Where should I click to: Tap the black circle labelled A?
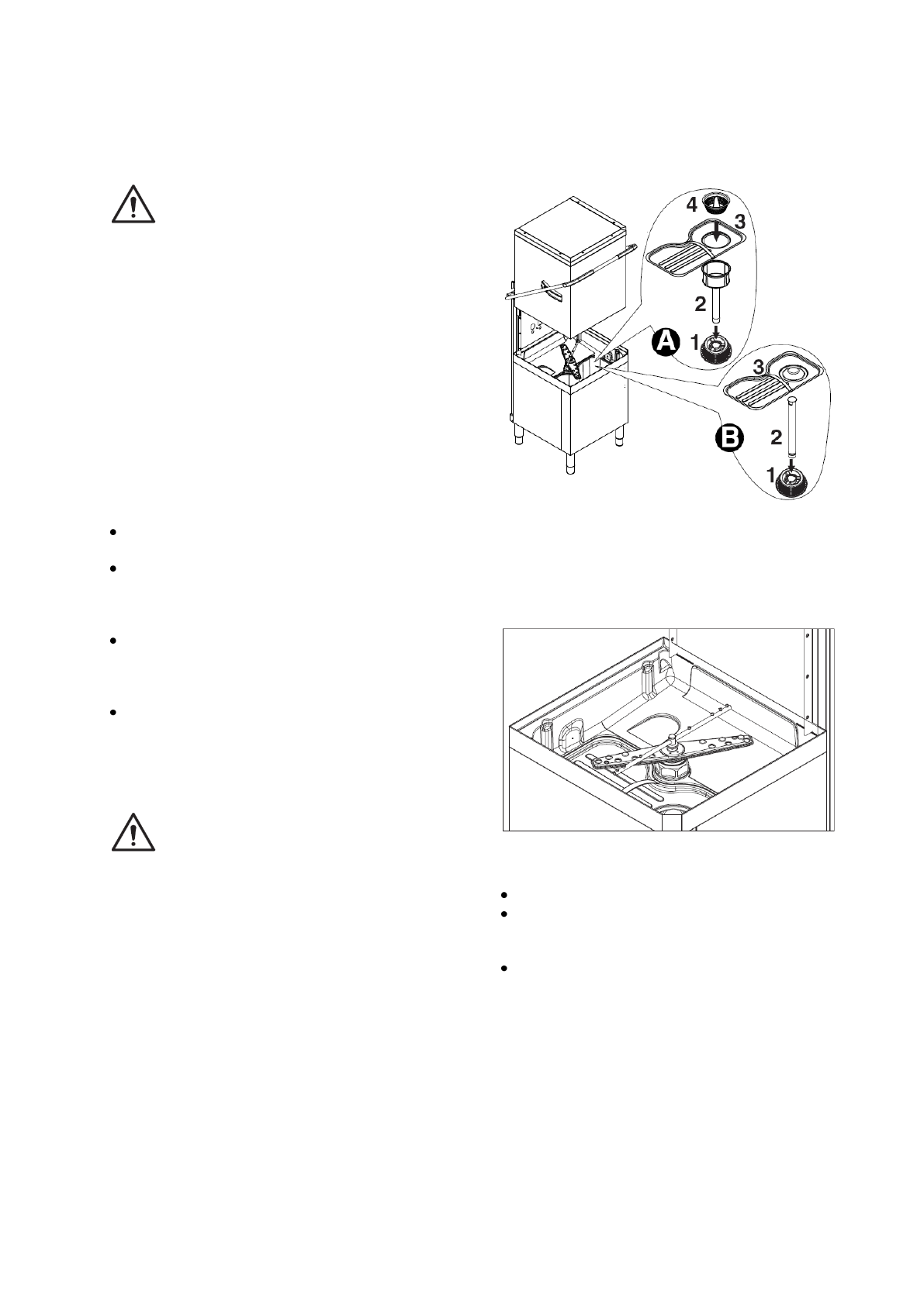[665, 342]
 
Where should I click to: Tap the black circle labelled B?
[729, 439]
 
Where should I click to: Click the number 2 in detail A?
[700, 304]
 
